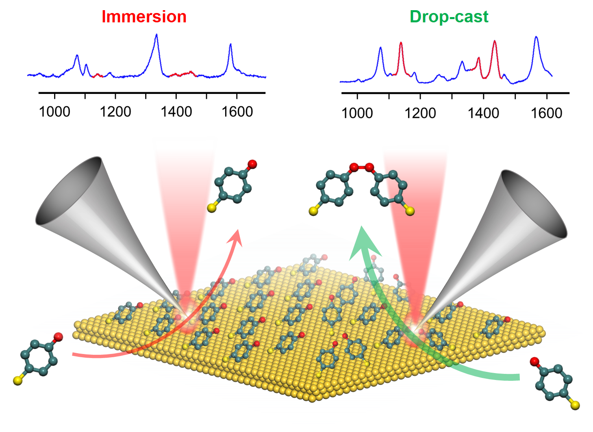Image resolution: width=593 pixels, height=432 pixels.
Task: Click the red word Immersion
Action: click(144, 17)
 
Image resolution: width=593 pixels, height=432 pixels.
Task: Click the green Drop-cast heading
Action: click(449, 17)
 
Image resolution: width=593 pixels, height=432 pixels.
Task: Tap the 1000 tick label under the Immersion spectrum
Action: click(54, 111)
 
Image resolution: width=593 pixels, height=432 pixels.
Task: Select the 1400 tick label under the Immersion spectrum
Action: click(176, 111)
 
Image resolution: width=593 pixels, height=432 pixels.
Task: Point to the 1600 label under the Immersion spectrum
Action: click(237, 111)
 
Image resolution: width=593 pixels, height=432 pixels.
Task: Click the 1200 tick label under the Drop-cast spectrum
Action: click(420, 113)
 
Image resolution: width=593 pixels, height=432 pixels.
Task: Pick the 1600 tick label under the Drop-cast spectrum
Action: click(547, 113)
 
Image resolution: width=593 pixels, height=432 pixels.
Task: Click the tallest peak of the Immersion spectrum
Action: click(156, 35)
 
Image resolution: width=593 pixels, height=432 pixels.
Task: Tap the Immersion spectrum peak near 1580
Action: click(230, 45)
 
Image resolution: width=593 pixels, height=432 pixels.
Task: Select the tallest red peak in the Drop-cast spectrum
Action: click(495, 41)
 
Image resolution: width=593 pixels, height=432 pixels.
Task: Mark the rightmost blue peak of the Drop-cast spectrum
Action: click(537, 38)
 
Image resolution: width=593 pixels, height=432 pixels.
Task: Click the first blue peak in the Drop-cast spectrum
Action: click(380, 48)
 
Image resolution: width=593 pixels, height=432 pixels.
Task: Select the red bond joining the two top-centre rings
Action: click(361, 167)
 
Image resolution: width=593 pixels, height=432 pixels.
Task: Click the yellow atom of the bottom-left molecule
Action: click(17, 380)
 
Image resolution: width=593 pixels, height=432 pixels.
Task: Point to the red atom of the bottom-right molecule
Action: click(534, 361)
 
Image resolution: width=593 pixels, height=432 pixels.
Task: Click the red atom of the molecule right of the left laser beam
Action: click(252, 164)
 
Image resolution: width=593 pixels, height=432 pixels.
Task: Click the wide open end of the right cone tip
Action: click(534, 204)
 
